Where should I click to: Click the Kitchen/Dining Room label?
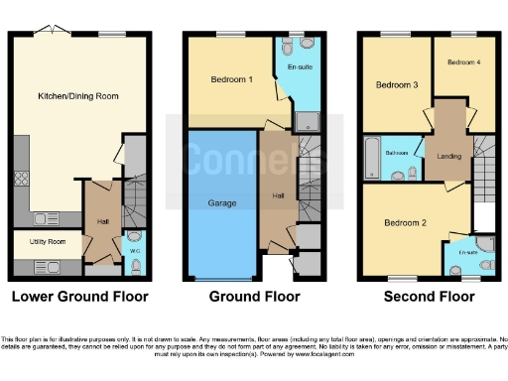[79, 95]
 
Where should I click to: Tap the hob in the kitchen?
[21, 183]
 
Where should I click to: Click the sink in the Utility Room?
[46, 265]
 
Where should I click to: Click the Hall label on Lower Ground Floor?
[101, 221]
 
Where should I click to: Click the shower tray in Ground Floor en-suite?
[307, 122]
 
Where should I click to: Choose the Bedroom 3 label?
[396, 86]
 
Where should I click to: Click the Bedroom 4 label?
[463, 63]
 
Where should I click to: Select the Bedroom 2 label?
[406, 223]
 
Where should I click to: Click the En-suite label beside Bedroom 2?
[466, 254]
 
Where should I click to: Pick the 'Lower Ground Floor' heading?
[79, 297]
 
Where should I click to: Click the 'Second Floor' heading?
[428, 297]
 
